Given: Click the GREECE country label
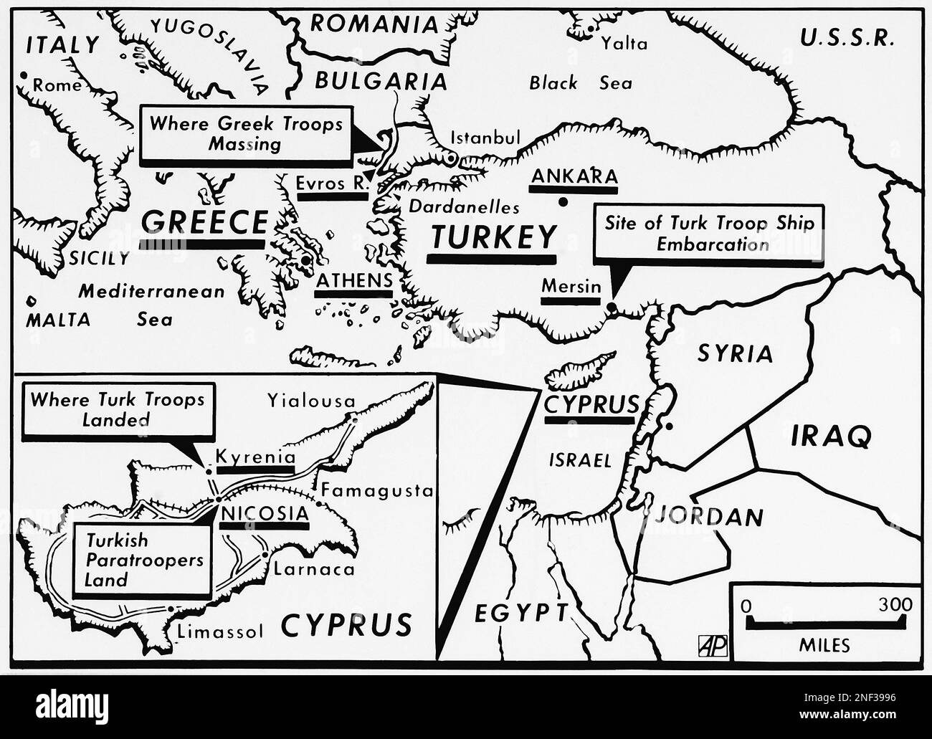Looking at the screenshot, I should point(204,222).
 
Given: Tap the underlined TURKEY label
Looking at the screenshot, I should point(493,237).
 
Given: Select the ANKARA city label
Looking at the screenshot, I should point(574,176).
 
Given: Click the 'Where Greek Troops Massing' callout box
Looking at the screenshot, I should point(245,133).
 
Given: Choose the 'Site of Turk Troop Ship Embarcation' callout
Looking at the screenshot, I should point(709,233).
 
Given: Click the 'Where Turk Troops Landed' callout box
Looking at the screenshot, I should point(117,409).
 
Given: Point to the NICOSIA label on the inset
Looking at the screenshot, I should point(265,513).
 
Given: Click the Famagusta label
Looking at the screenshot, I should point(377,491).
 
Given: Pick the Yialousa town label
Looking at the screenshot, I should point(310,400).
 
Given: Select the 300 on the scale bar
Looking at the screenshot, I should point(895,604).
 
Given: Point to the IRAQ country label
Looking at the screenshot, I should point(831,435).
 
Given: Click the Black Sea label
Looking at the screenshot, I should point(581,83).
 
